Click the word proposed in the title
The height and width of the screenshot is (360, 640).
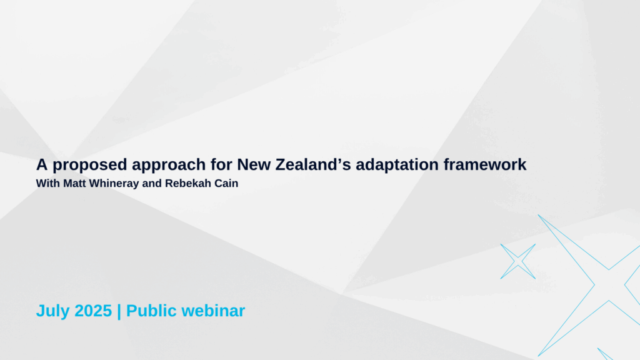click(x=90, y=165)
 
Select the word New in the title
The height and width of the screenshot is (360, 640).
click(x=254, y=164)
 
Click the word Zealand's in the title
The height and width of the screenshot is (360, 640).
click(x=313, y=164)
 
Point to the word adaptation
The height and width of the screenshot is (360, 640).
click(x=397, y=165)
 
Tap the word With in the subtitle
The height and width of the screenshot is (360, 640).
click(x=47, y=183)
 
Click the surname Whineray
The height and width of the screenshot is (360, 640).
click(x=114, y=184)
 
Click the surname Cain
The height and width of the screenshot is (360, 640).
click(x=222, y=183)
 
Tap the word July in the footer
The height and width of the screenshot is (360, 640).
click(x=53, y=311)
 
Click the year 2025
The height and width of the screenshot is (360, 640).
click(x=93, y=311)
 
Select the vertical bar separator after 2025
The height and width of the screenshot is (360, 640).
click(x=119, y=311)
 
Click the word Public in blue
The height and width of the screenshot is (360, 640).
click(x=151, y=311)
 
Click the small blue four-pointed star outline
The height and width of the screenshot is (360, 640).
click(x=518, y=262)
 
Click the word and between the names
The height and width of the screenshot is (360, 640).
click(x=152, y=183)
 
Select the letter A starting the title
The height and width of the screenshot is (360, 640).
click(x=42, y=164)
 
